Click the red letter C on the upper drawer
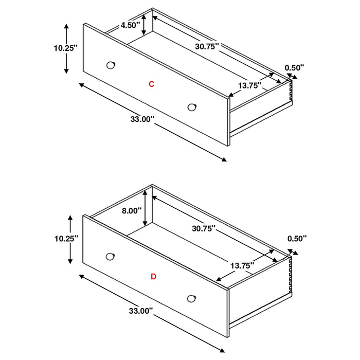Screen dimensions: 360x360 tap(151, 84)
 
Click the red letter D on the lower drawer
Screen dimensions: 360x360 tap(153, 277)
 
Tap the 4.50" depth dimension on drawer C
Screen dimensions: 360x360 tap(131, 25)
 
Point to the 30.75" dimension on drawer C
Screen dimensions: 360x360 tap(207, 46)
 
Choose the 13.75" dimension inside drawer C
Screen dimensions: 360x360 tap(248, 86)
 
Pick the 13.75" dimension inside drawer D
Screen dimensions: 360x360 tap(242, 265)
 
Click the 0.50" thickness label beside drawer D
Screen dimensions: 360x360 tap(297, 238)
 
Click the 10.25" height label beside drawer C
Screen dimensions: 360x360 tap(65, 48)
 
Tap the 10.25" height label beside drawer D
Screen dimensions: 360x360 tap(65, 239)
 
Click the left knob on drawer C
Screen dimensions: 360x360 tap(110, 65)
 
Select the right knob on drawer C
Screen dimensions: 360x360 tap(192, 106)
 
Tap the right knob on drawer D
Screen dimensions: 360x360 tap(192, 298)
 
